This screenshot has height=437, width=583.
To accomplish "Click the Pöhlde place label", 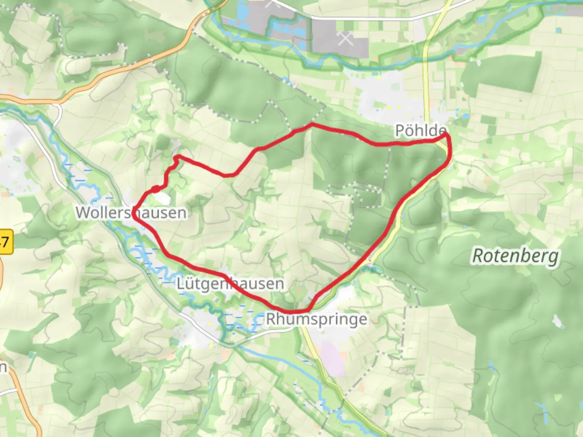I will click(x=420, y=131).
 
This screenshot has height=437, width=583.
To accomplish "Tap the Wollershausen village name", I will click(x=131, y=212).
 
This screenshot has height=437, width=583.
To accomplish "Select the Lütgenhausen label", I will click(x=230, y=284).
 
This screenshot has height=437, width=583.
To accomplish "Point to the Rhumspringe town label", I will click(x=317, y=319).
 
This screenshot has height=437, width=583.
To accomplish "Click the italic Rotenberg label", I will click(x=515, y=256).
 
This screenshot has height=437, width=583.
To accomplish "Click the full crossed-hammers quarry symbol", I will click(x=345, y=39).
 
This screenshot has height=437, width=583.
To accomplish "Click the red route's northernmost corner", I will click(x=312, y=124).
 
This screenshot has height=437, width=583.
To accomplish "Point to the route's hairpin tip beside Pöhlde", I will click(x=447, y=134).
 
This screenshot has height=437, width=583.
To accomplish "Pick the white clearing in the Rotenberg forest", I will click(x=558, y=322).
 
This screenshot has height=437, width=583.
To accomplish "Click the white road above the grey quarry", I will click(x=364, y=19).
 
